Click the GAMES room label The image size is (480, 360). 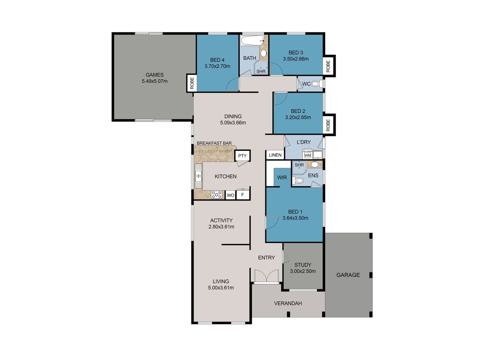click(154, 75)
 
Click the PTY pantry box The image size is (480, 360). click(242, 156)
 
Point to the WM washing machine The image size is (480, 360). click(308, 155)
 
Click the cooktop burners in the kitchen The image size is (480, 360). click(217, 195)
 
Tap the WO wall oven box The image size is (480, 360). click(230, 195)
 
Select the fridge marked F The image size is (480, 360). click(242, 195)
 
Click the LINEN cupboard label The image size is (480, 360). click(275, 155)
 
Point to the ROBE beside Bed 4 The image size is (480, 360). click(192, 83)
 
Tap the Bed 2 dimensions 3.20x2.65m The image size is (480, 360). click(298, 117)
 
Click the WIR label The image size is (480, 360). click(282, 178)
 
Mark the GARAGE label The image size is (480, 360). click(348, 275)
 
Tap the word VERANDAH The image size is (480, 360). click(288, 303)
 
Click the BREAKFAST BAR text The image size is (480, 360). click(214, 143)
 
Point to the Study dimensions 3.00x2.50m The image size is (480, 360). click(303, 271)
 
